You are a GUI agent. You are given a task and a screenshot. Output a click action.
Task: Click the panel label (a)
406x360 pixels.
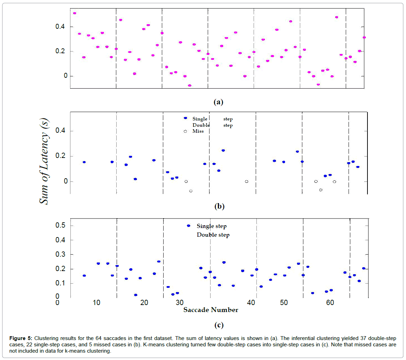click(x=218, y=102)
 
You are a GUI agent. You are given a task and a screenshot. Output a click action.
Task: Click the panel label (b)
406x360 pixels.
click(x=219, y=206)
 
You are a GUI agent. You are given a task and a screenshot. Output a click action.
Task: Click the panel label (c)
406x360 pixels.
click(x=219, y=325)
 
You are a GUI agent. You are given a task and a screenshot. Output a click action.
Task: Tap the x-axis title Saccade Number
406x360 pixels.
click(x=211, y=310)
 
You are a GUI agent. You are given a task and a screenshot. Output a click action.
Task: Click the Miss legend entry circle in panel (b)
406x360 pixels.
click(x=185, y=131)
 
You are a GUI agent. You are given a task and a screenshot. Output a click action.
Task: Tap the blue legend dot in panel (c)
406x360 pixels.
click(x=188, y=226)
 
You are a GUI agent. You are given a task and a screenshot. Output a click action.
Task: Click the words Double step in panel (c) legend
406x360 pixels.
click(x=213, y=235)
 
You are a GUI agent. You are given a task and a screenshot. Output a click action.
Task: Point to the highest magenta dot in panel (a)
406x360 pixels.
click(x=74, y=13)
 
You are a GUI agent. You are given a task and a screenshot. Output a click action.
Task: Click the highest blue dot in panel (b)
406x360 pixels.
click(x=223, y=150)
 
